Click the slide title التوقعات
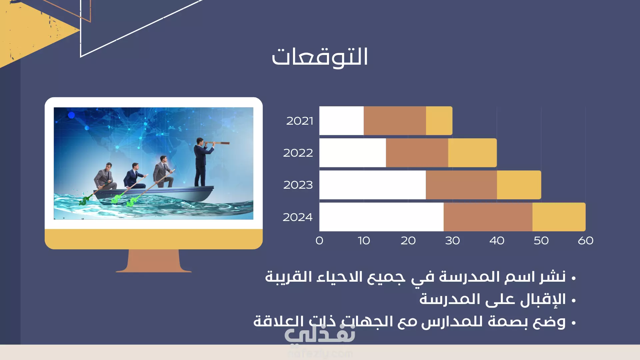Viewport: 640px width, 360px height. click(x=320, y=57)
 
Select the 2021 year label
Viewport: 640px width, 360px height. click(x=300, y=121)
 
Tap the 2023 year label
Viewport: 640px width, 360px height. click(x=298, y=185)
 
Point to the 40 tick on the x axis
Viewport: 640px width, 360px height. click(x=497, y=241)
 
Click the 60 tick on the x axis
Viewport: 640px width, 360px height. click(x=586, y=241)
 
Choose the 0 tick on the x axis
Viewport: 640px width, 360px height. click(x=319, y=241)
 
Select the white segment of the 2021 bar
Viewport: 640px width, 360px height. click(x=341, y=121)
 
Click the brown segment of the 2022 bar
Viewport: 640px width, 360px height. click(x=417, y=153)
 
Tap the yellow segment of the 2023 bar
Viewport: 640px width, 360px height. click(x=519, y=185)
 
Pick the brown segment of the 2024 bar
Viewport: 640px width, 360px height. click(x=488, y=217)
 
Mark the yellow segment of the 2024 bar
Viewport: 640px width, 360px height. click(x=559, y=217)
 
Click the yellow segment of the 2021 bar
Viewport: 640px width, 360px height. click(x=439, y=121)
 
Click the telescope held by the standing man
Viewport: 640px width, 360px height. click(x=218, y=143)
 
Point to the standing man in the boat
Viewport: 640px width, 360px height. click(x=201, y=162)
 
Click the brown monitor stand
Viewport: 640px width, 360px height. click(x=154, y=261)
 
